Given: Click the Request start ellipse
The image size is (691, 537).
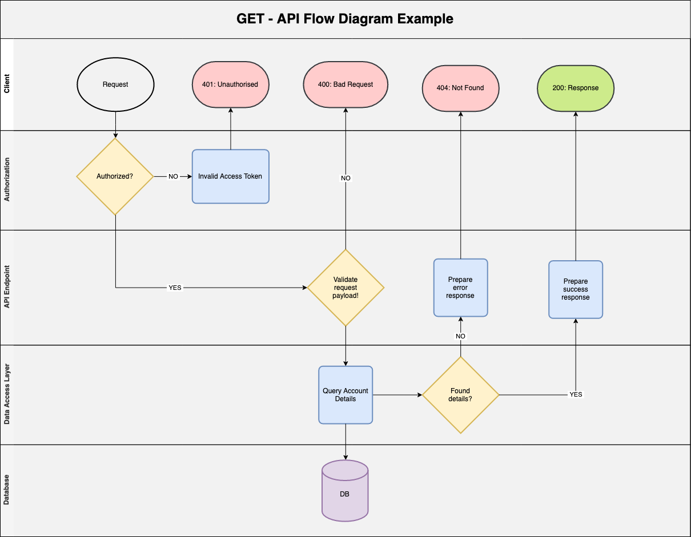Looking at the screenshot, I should coord(115,84).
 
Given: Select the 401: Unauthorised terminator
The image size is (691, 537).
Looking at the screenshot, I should coord(230,84).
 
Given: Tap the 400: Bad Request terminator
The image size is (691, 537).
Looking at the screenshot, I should coord(345,84).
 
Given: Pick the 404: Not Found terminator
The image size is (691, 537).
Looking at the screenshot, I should coord(460,88).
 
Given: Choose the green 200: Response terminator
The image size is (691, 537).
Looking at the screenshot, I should coord(575,88).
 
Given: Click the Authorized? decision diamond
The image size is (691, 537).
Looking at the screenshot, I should coord(115,176).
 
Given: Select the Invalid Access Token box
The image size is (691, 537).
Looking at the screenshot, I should coord(230,176).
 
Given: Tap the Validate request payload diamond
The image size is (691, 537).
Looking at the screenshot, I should coord(345,288).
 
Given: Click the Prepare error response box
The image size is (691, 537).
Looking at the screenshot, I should coord(460,288).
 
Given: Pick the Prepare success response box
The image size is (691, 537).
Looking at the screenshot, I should coord(576,289).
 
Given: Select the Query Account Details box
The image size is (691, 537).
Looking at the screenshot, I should coord(345,395).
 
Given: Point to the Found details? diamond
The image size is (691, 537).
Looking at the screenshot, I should coord(460,395).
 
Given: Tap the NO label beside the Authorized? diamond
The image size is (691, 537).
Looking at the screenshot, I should coord(173,176).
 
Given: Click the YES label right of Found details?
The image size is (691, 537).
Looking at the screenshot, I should coord(576,394).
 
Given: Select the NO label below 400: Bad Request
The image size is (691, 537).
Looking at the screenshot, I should coord(345,178).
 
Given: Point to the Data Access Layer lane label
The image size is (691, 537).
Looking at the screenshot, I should coord(7,395).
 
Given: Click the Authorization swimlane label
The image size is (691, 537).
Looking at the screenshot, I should coord(7,180).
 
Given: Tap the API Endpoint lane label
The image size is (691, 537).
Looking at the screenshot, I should coord(7,288).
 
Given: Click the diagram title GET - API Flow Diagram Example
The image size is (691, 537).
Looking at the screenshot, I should coord(345,19).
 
